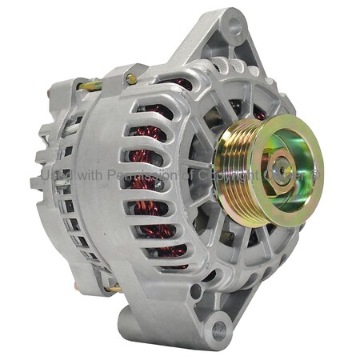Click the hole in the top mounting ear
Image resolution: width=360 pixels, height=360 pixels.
[233, 26]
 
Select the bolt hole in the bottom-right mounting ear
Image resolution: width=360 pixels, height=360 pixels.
[218, 326]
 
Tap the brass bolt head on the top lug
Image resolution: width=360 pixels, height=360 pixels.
[130, 78]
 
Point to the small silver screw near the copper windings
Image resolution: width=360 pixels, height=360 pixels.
[160, 185]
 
